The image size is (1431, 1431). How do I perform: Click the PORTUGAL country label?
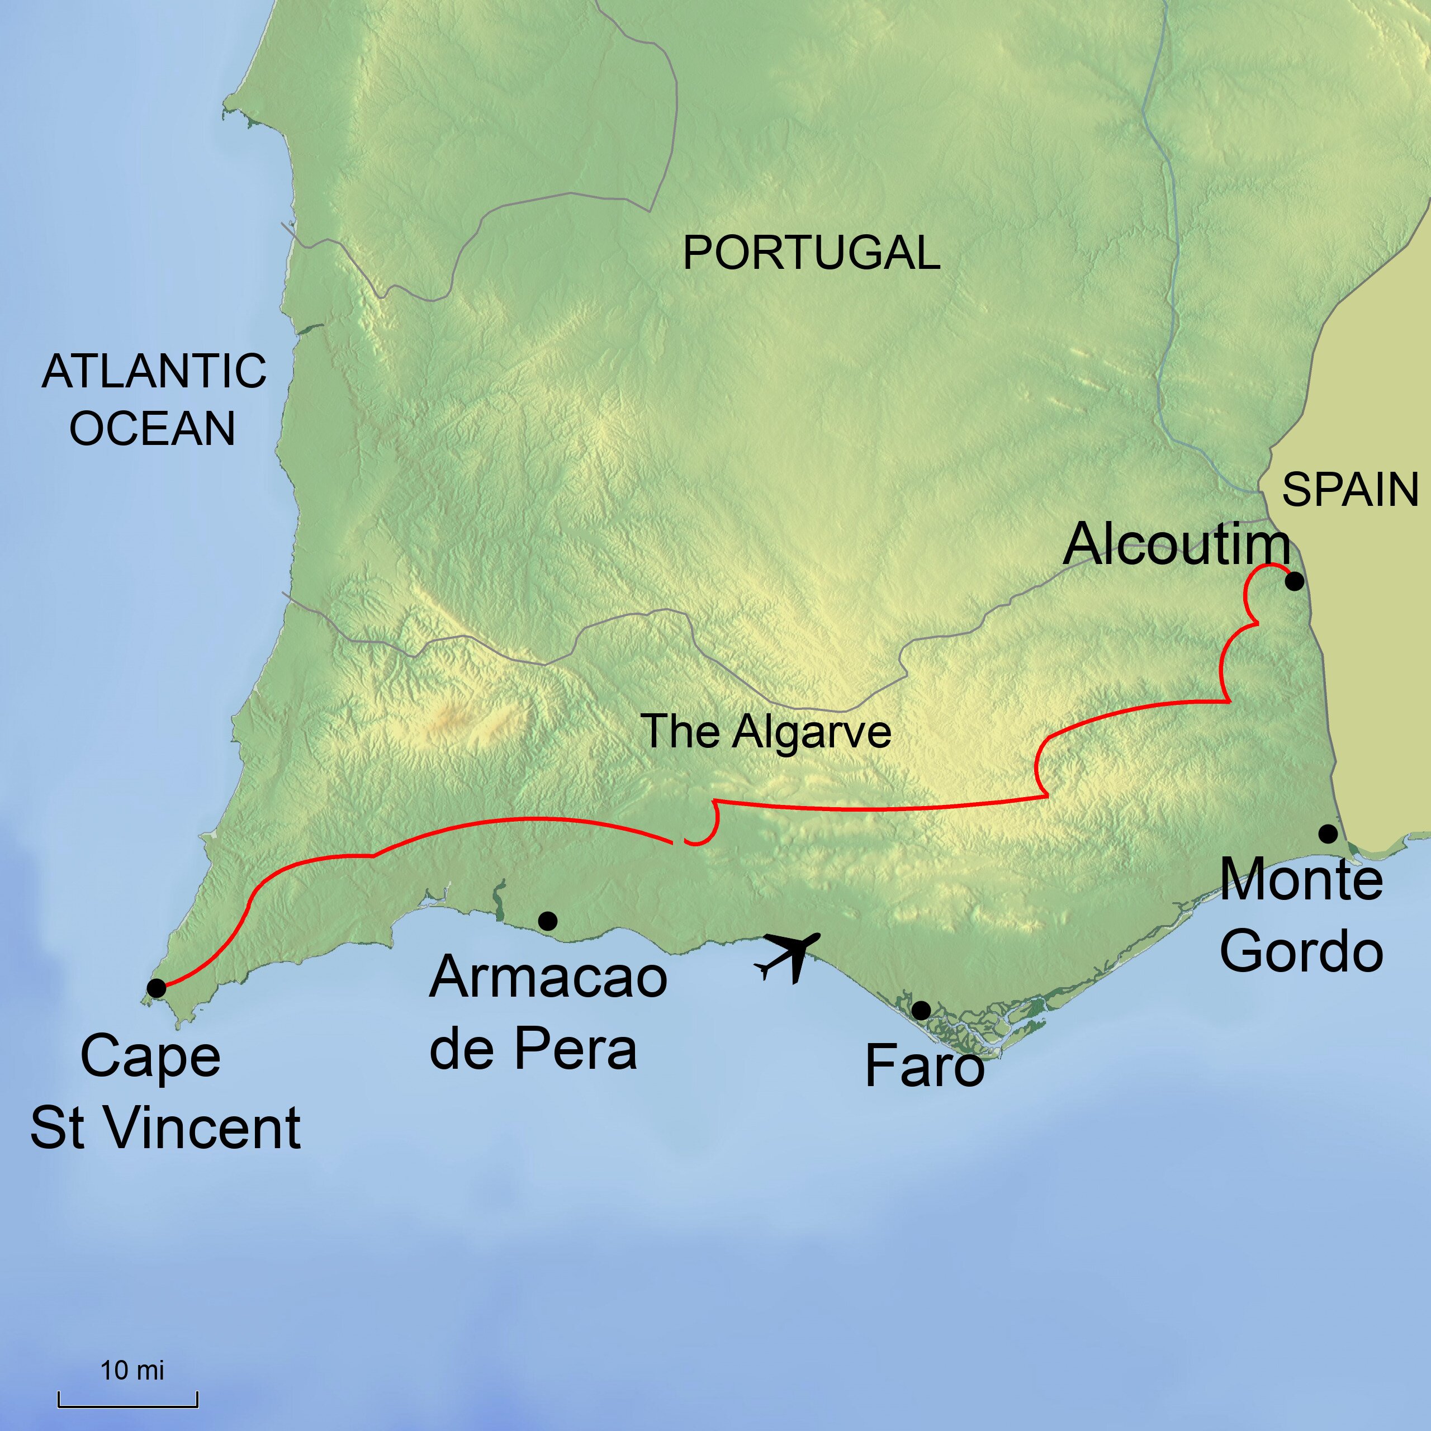(811, 253)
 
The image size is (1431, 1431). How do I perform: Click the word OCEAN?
(152, 428)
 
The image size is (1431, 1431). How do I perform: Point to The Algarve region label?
(765, 731)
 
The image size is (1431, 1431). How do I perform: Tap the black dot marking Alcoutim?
(1294, 581)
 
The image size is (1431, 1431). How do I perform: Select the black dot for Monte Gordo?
(1328, 834)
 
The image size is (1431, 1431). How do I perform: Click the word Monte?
(1301, 880)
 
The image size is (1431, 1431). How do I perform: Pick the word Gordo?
(1301, 953)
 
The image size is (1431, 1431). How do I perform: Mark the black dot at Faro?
(921, 1010)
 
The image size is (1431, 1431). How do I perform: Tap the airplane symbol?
(788, 956)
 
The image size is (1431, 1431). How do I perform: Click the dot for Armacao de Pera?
(547, 921)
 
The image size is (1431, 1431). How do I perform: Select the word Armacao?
(548, 978)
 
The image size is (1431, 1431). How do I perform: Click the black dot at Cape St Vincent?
(157, 988)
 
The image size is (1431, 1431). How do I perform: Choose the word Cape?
(150, 1057)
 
